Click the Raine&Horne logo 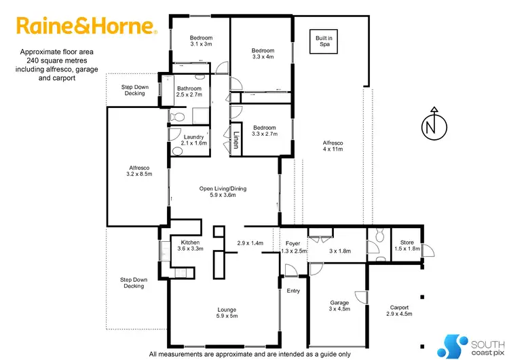(87, 26)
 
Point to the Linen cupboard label (237, 139)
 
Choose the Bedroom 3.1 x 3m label (200, 41)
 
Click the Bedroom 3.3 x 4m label (263, 54)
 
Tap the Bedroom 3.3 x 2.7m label (264, 130)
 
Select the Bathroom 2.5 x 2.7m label (189, 92)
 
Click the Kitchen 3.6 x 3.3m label (189, 246)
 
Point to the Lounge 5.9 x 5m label (227, 313)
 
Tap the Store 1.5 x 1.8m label (407, 245)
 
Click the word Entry (293, 291)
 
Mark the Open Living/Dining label (226, 192)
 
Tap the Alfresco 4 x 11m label (333, 147)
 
